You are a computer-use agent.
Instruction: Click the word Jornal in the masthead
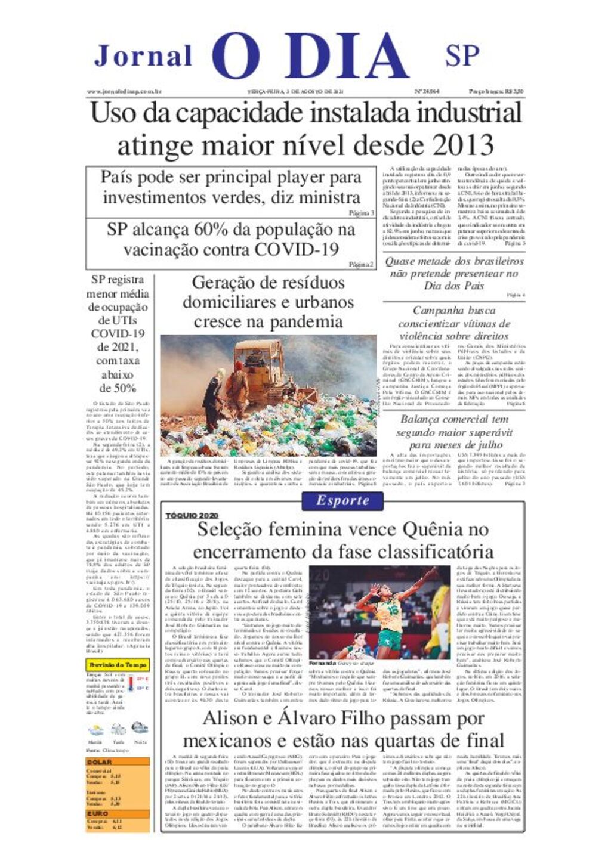[143, 56]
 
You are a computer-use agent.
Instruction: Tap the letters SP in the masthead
[462, 55]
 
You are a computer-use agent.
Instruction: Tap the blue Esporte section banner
[342, 501]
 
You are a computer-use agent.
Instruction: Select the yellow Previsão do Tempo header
[118, 665]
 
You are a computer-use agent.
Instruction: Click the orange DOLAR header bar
[118, 762]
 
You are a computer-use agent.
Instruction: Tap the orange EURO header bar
[118, 813]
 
